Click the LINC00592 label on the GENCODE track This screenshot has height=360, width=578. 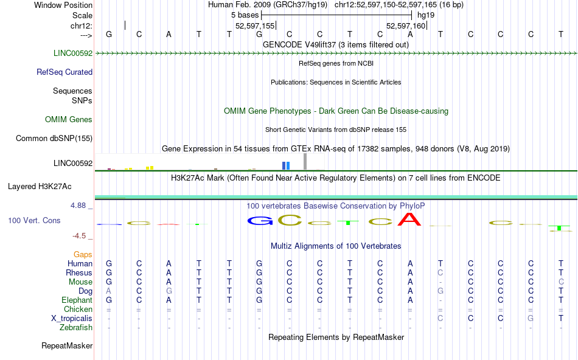pos(73,53)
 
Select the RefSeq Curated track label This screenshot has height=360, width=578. pos(64,72)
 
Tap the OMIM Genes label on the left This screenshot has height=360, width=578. pos(69,119)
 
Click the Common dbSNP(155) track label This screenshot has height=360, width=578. pos(54,138)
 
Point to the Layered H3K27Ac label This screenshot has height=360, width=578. pos(40,187)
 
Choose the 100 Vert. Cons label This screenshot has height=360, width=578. pos(34,220)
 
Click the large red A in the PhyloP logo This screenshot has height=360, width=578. pos(409,220)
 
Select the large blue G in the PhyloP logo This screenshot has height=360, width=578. pos(260,221)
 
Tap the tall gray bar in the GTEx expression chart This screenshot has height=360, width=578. pos(305,161)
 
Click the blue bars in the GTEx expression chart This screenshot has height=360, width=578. pos(286,165)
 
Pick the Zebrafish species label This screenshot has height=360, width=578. pos(76,327)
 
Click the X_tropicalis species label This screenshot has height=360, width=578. pos(72,319)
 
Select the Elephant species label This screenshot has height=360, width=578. pos(77,300)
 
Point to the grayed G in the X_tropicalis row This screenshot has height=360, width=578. pos(531,318)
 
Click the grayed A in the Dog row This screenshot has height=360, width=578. pos(108,291)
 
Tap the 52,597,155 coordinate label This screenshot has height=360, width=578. pos(255,26)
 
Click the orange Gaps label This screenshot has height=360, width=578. pos(83,254)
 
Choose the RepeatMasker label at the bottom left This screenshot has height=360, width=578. pos(67,345)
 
